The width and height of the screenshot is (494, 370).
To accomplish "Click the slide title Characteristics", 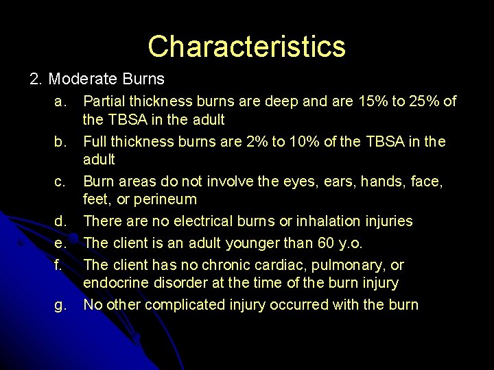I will click(246, 47).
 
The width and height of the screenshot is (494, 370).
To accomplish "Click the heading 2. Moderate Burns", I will click(97, 79).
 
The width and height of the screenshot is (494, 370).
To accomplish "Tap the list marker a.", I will click(60, 102).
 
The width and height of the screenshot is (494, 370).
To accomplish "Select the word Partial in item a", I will click(106, 102).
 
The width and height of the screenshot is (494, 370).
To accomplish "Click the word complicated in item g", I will click(180, 305).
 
